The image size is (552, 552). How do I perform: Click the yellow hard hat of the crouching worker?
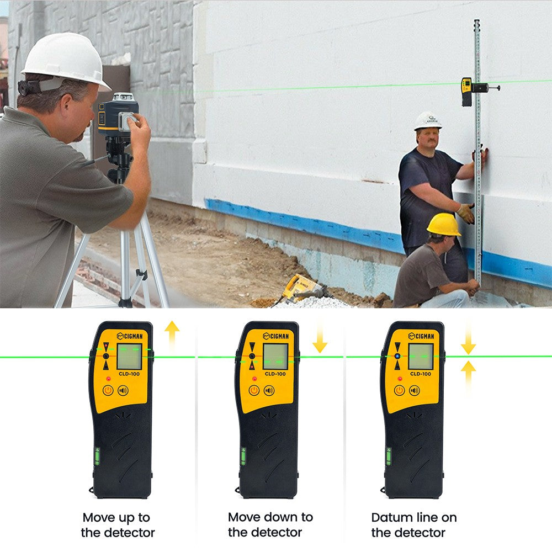[444, 225]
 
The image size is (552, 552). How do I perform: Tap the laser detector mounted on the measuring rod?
[467, 92]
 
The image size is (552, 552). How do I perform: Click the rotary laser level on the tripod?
[118, 114]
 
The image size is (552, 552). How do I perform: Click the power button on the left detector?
[108, 390]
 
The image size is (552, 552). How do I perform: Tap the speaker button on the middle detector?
[269, 390]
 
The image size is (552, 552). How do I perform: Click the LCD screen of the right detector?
[421, 356]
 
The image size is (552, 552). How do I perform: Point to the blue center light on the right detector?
[397, 356]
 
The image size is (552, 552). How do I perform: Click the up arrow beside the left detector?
[172, 336]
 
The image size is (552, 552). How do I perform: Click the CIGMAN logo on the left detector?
[130, 336]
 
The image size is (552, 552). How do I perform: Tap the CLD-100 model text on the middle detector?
[275, 374]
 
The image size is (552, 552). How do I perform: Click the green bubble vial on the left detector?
[97, 457]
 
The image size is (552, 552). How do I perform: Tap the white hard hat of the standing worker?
[428, 121]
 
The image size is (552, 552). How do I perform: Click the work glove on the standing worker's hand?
[466, 213]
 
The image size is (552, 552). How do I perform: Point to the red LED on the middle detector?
[254, 379]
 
